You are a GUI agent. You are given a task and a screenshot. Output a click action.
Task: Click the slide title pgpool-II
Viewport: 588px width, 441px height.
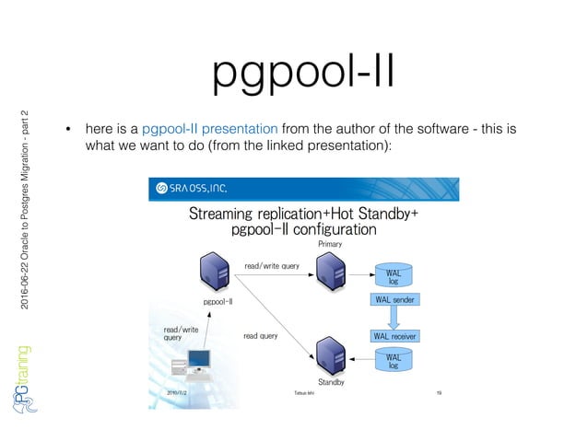coord(303,71)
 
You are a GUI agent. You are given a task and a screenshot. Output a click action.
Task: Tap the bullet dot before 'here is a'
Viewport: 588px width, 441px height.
coord(67,129)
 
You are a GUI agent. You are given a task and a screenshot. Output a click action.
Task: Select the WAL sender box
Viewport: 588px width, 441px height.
coord(394,300)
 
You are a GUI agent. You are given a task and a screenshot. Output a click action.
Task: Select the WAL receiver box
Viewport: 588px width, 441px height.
coord(394,336)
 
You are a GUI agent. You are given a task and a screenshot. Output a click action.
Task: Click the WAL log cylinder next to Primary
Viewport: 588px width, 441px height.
coord(394,275)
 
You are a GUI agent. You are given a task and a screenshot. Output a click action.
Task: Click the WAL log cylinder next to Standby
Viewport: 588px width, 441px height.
coord(394,360)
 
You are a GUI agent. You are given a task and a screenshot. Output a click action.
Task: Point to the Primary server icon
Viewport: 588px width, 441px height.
coord(329,270)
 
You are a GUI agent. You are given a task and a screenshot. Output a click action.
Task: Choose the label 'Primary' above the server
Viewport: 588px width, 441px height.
coord(330,244)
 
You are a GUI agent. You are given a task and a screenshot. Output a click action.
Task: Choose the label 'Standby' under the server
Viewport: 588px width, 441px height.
coord(331,381)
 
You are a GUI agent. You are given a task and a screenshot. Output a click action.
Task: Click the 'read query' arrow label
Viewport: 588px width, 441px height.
coord(260,336)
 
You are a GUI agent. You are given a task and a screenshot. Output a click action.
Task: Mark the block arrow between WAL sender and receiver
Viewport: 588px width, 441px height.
coord(394,318)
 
